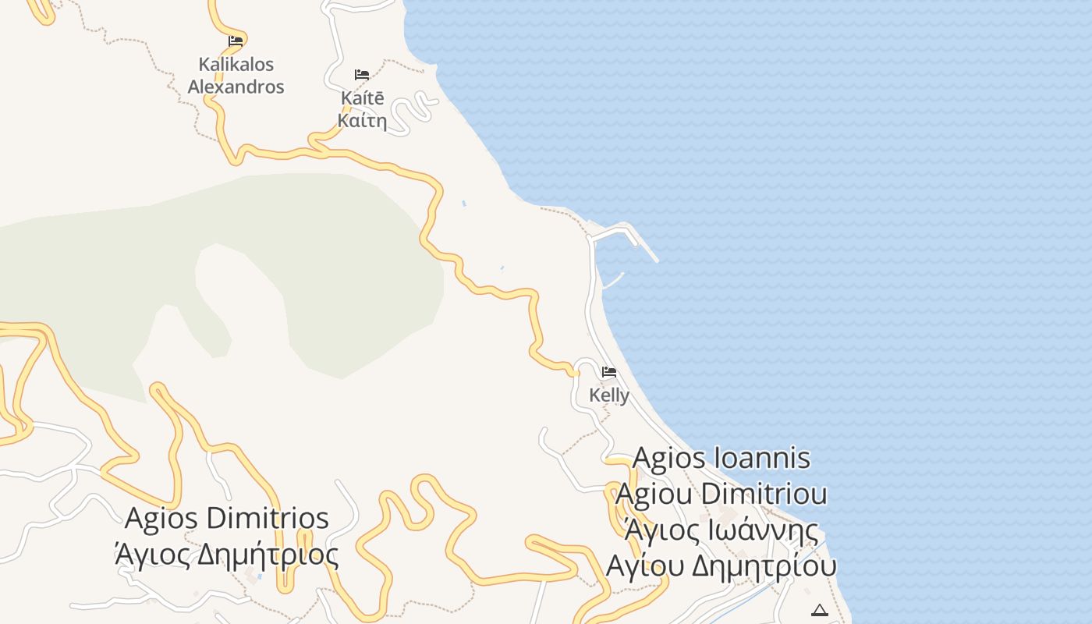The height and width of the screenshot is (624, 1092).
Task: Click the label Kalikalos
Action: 236,64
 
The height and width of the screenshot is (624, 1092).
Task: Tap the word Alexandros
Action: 236,87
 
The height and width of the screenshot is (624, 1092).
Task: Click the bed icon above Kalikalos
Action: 236,41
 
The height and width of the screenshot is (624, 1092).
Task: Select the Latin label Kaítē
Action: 363,99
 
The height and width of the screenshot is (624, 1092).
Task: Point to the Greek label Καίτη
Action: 363,121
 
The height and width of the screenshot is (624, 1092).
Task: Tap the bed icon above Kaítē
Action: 362,75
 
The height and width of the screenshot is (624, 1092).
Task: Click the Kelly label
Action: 609,395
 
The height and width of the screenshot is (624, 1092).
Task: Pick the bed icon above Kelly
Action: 609,372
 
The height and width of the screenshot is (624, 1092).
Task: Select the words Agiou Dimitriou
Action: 721,494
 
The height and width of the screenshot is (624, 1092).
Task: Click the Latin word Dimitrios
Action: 270,519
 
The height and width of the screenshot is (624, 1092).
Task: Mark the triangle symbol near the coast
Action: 819,610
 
